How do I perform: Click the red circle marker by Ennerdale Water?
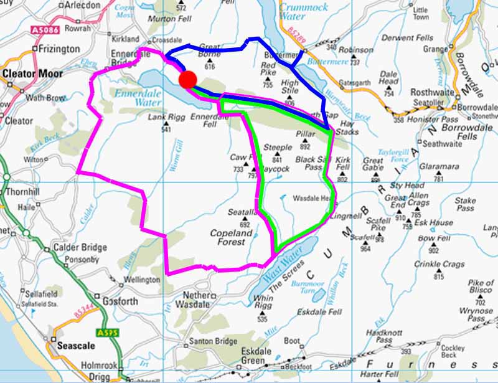point(188,80)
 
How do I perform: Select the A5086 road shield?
point(41,29)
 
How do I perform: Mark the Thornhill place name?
point(19,192)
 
